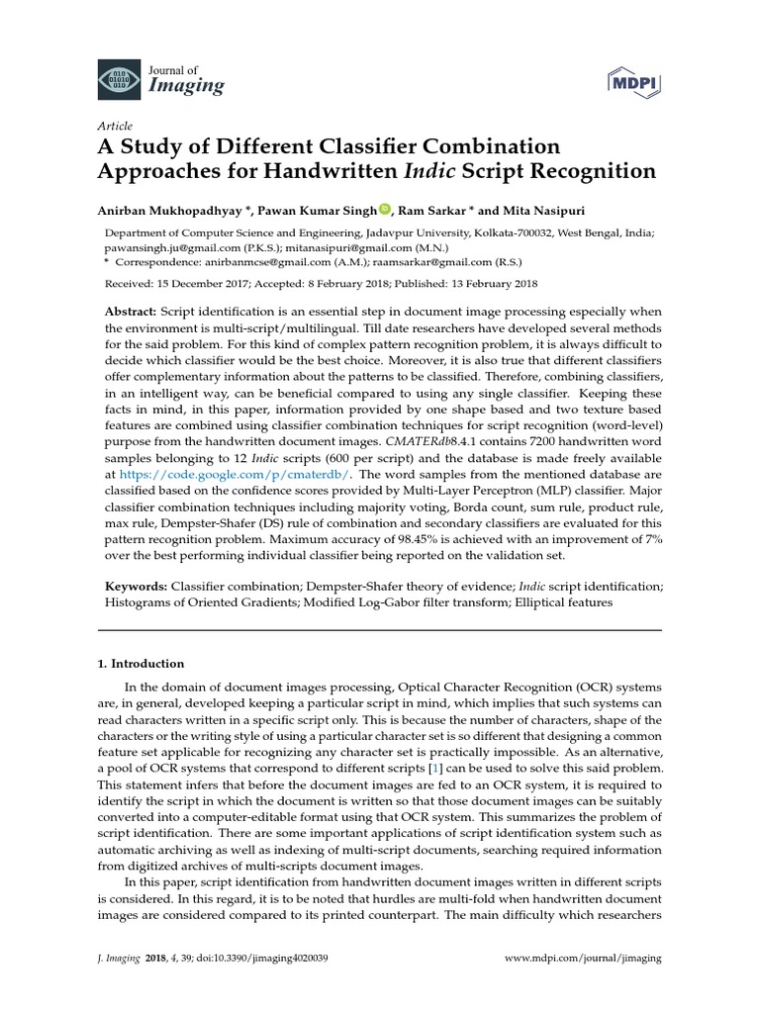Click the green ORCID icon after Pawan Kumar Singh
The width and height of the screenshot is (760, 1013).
tap(385, 209)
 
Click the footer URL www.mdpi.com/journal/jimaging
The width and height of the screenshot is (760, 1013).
tap(583, 959)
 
